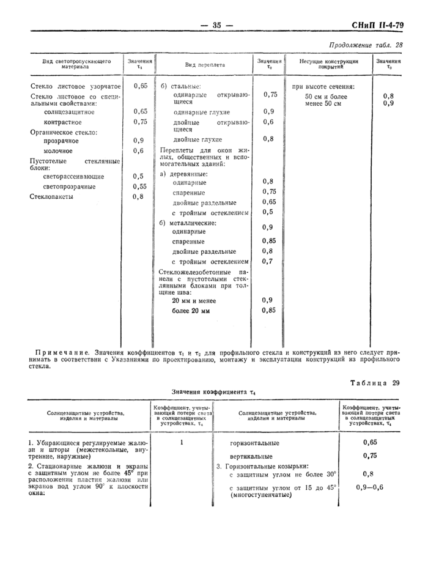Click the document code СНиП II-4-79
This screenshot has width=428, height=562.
pos(377,25)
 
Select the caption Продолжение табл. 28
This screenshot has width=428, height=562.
pos(366,45)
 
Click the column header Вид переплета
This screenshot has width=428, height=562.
pos(205,64)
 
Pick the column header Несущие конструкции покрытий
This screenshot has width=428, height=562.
pos(329,64)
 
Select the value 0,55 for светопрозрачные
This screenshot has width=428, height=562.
pos(140,187)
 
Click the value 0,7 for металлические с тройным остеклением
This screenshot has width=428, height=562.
pos(267,262)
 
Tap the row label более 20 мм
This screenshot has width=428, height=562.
pos(191,311)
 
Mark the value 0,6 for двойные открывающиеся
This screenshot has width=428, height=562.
pos(268,122)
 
